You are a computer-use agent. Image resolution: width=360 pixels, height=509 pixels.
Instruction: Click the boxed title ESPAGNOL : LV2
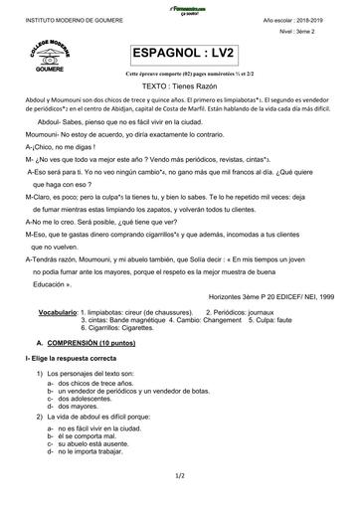180,54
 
